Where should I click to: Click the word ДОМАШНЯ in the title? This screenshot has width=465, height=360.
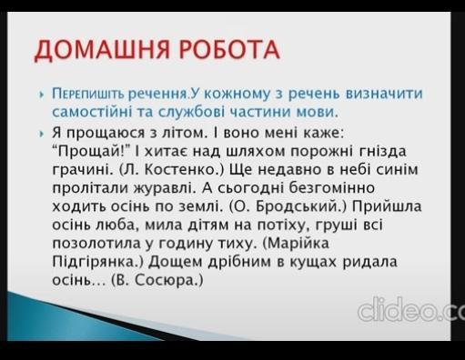pos(101,49)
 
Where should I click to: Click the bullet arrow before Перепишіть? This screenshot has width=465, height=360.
pos(42,95)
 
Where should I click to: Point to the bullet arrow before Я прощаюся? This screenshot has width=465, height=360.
pos(42,134)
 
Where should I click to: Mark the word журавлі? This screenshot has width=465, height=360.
pos(163,188)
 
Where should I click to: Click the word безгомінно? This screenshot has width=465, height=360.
pos(332,188)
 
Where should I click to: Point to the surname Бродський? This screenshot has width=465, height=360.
pos(298,206)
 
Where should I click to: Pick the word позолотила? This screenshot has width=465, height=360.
pos(96,244)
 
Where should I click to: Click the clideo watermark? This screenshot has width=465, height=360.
pos(411,309)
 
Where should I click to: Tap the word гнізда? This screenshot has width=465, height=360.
pos(382,152)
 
